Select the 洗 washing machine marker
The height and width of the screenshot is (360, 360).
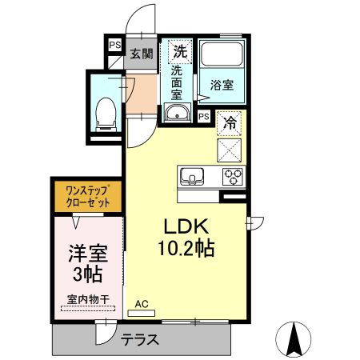click(180, 51)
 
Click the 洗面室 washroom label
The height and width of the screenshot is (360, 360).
click(177, 82)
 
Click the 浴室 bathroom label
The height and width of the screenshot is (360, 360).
click(221, 83)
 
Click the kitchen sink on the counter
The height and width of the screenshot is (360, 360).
click(191, 175)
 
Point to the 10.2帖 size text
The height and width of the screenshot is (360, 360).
click(186, 249)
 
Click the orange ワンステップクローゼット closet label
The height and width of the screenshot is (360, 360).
click(87, 197)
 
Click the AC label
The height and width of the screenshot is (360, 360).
click(142, 303)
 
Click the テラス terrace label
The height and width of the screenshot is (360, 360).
click(140, 339)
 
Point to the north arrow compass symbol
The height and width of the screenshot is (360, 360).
click(297, 339)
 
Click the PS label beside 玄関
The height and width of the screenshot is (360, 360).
click(114, 46)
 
